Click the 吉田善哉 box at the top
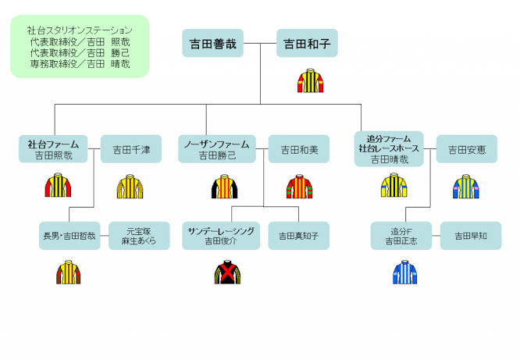(x=213, y=44)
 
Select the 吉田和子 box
(x=307, y=44)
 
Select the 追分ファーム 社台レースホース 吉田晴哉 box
(x=389, y=148)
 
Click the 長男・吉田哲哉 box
(x=69, y=236)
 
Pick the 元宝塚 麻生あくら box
(x=139, y=236)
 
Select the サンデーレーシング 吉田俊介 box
(x=219, y=236)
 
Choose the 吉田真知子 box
(x=299, y=236)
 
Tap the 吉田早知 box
(x=471, y=236)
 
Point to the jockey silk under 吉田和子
(x=308, y=81)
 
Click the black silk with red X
(x=227, y=272)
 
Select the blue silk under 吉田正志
(x=405, y=272)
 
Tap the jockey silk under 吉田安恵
(x=466, y=187)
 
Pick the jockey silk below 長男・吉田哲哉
(x=69, y=273)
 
